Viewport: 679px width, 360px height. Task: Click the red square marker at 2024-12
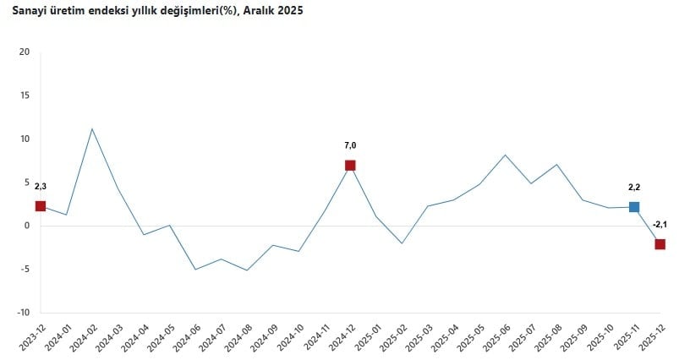[350, 165]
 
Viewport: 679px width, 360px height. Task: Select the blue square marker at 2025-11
[634, 207]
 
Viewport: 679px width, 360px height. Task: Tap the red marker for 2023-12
[41, 206]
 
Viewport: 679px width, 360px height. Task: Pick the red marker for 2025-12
[660, 244]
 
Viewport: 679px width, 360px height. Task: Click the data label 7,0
[350, 145]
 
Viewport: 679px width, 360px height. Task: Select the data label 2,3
[41, 186]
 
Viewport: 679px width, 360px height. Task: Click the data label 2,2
[634, 188]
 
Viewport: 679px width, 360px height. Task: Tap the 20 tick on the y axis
[24, 52]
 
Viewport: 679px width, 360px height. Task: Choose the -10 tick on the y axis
[22, 313]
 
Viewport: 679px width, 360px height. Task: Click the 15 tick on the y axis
[24, 95]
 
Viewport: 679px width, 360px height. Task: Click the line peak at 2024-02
[91, 128]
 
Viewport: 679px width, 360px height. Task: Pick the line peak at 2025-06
[505, 155]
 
